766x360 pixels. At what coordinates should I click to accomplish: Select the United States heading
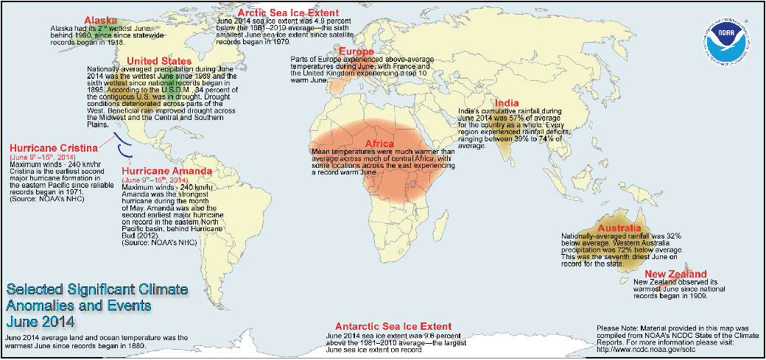click(x=160, y=60)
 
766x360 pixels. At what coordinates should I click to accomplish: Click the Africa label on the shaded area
click(x=379, y=143)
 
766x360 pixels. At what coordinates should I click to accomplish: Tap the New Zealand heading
click(x=671, y=274)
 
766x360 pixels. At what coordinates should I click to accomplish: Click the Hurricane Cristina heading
click(x=53, y=147)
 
